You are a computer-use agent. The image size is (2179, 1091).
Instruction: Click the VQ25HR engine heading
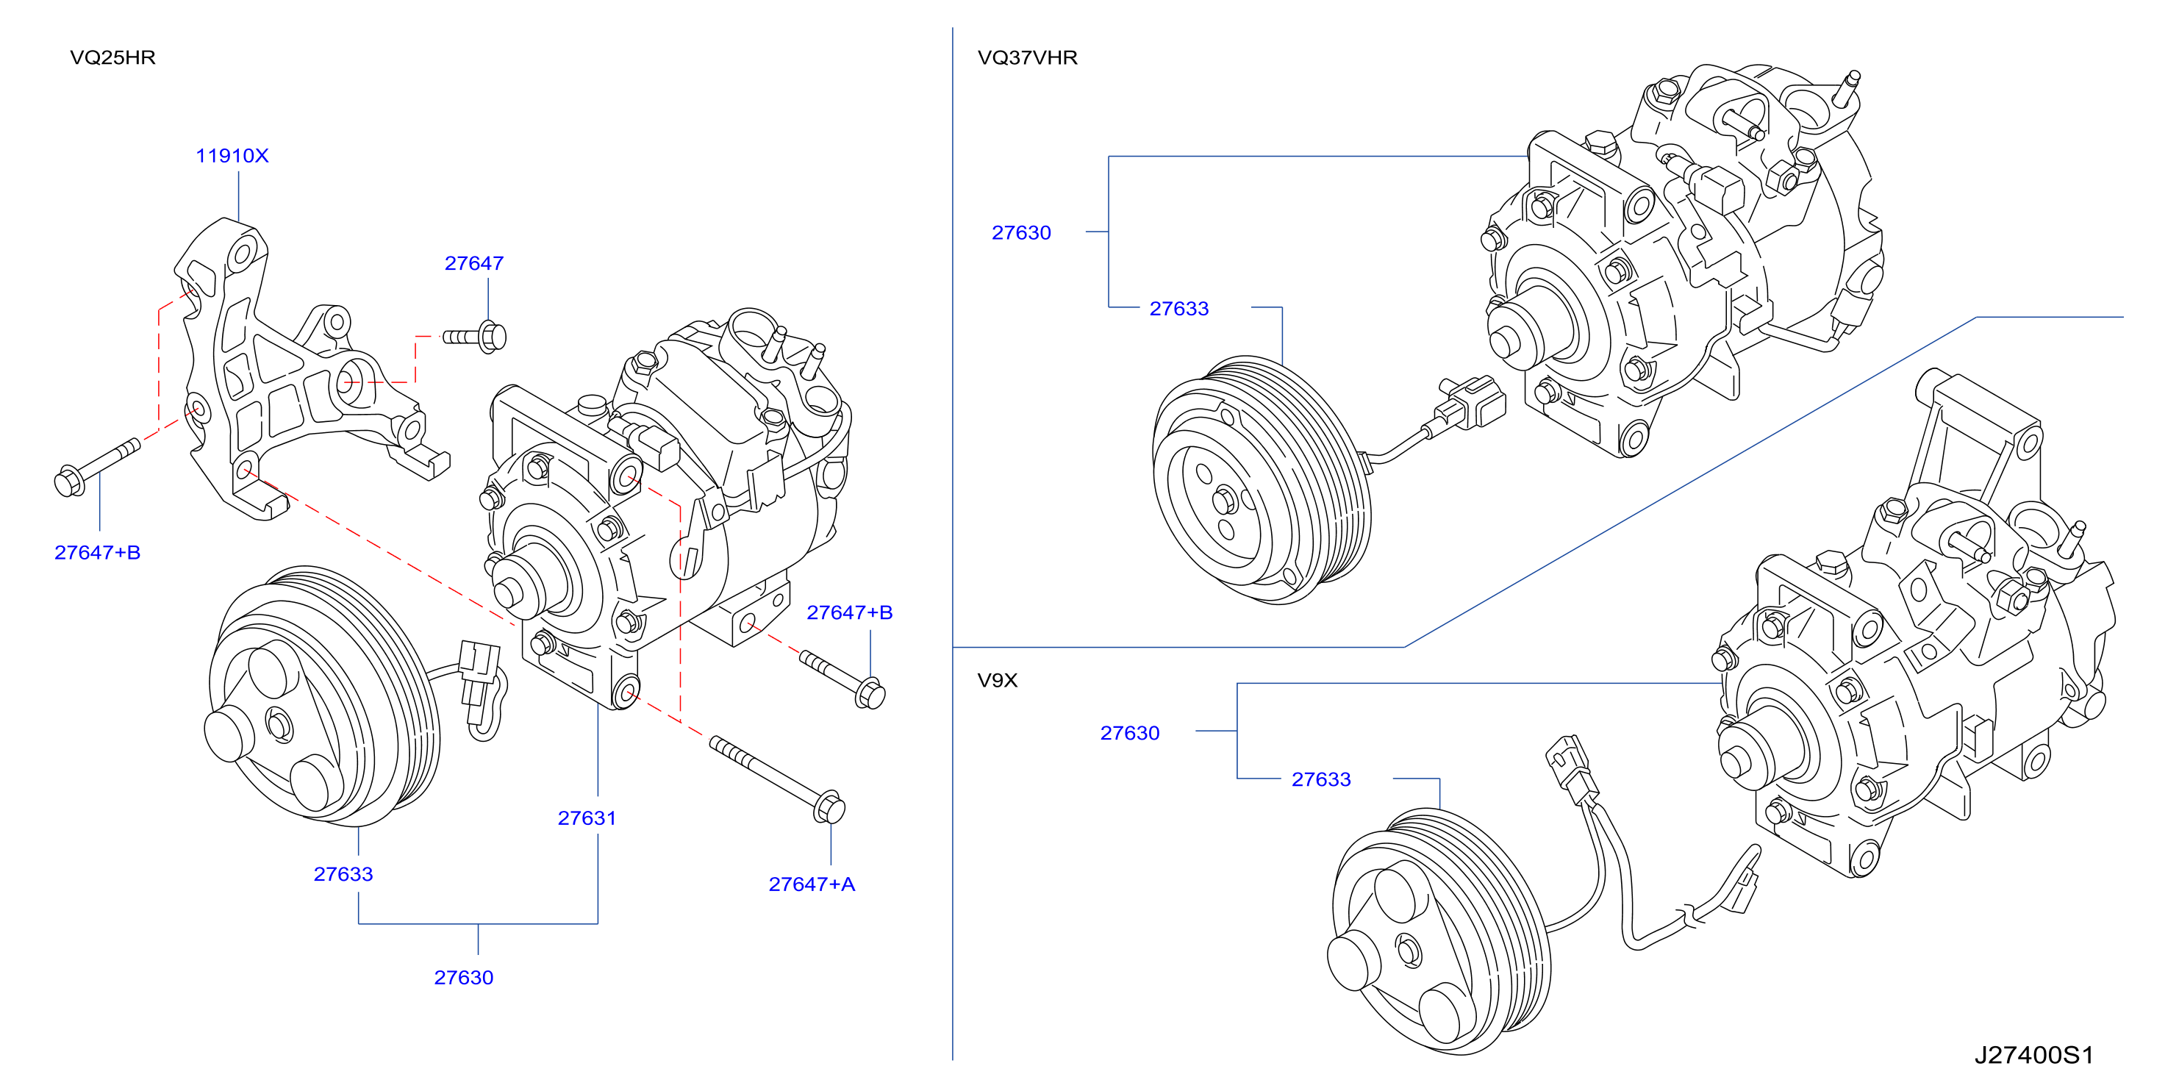click(112, 57)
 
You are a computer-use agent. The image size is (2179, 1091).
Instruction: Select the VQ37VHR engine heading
click(1027, 57)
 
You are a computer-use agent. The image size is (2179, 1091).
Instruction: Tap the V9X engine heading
click(998, 680)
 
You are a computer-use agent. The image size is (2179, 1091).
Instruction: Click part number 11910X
click(232, 156)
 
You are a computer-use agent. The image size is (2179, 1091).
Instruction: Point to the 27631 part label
click(587, 818)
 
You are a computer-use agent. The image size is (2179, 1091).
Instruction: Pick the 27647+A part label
click(811, 884)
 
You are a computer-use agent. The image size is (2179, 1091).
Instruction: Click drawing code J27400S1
click(2033, 1055)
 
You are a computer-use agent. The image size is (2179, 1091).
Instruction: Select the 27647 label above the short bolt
click(473, 263)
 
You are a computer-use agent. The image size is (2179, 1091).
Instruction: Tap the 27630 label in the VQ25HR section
click(464, 977)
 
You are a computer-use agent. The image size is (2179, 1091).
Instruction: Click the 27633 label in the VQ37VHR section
click(1179, 309)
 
